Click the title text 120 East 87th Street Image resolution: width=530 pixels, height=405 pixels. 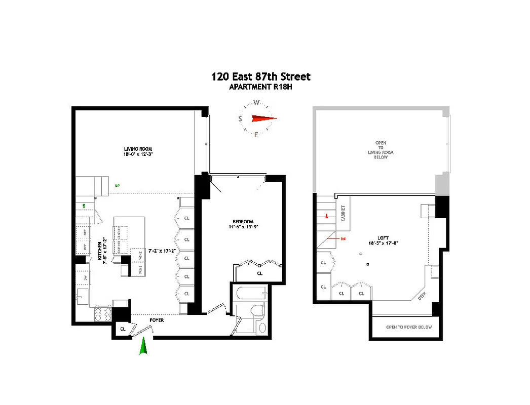click(x=260, y=77)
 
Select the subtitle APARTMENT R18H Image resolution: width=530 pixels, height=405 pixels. click(x=260, y=87)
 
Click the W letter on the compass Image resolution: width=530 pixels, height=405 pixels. click(x=256, y=103)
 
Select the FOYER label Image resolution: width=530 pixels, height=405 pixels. click(x=157, y=320)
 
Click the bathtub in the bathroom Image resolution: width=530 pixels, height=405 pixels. click(x=249, y=292)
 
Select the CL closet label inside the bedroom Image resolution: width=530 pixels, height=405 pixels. click(x=260, y=273)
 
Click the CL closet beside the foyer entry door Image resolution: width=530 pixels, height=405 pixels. click(x=123, y=329)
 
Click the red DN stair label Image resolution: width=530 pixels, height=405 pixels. click(x=343, y=238)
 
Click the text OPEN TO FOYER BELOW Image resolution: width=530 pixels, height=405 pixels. click(x=409, y=327)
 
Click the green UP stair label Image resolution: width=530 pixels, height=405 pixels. click(x=117, y=186)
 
